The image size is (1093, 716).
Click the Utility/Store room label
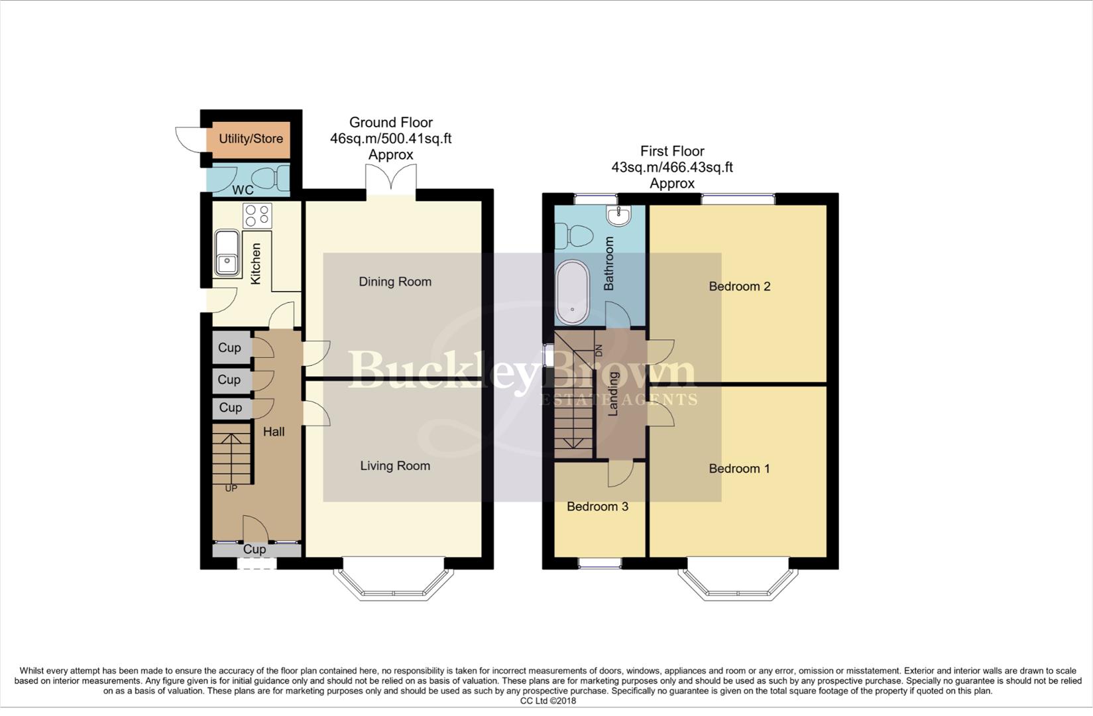tap(251, 139)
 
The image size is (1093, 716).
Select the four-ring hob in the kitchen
tap(257, 215)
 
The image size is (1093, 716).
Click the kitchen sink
tap(227, 253)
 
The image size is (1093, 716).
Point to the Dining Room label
tap(395, 282)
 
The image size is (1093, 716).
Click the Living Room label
tap(395, 466)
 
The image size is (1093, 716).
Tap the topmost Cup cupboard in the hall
tap(230, 347)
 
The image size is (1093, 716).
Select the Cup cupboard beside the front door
tap(255, 550)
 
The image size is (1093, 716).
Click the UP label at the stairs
tap(231, 489)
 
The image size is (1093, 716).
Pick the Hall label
tap(274, 432)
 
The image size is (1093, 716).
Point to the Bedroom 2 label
tap(739, 286)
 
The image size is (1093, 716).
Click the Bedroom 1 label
tap(739, 469)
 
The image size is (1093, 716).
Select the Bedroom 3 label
tap(597, 507)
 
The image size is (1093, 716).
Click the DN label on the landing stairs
tap(599, 351)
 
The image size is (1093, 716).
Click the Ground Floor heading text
tap(390, 123)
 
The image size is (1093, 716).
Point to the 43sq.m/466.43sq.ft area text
tap(671, 168)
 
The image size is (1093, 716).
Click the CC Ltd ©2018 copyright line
tap(547, 701)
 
